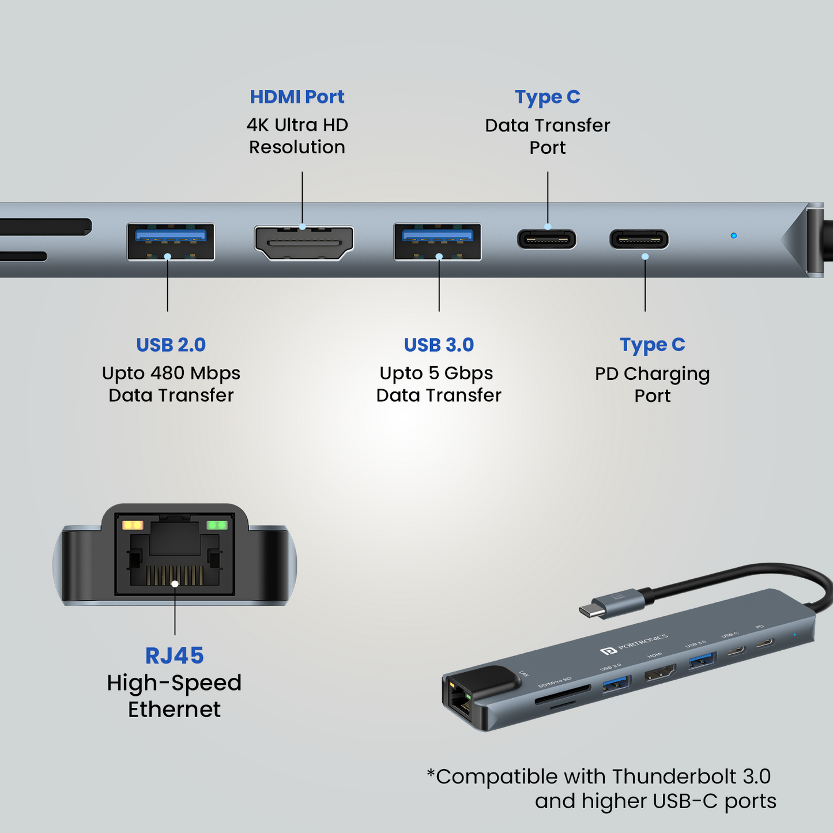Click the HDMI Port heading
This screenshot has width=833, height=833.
point(297,97)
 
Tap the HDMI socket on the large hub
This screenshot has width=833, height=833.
point(304,243)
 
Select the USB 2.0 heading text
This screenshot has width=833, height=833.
point(171,345)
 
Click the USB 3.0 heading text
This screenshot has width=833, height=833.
point(439,345)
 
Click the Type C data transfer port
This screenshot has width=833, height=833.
point(546,239)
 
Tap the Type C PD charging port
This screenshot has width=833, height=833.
point(639,239)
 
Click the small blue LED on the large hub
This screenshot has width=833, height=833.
point(733,236)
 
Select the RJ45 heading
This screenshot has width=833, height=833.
point(174,655)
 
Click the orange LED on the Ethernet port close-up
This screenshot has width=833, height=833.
point(133,525)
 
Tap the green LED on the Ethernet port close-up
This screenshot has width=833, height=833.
point(217,525)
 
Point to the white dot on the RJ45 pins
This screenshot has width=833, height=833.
point(175,583)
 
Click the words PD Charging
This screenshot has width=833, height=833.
point(652,374)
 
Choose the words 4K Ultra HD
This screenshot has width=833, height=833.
point(297,125)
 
